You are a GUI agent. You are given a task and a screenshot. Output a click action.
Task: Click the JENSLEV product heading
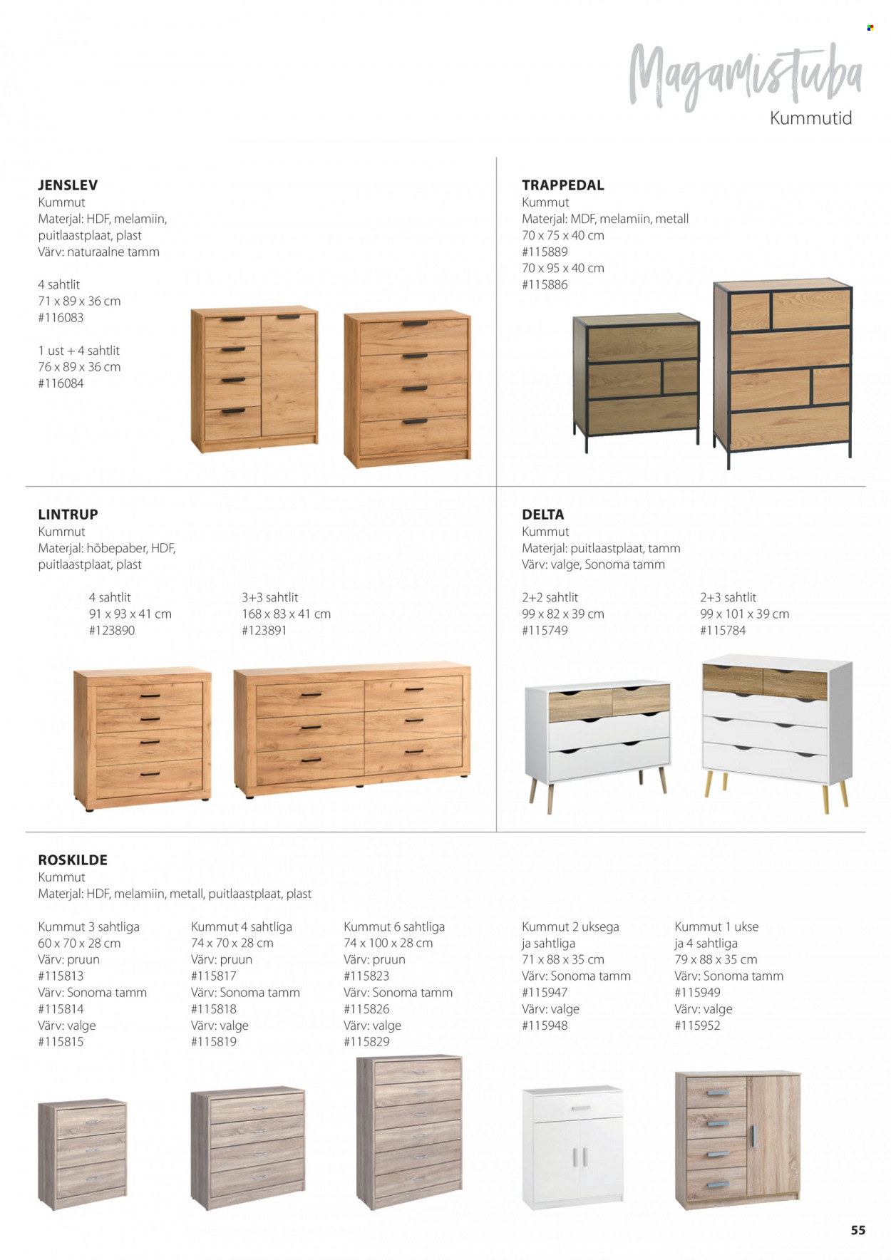coord(68,185)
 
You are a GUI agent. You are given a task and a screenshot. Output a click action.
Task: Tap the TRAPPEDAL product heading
coord(562,185)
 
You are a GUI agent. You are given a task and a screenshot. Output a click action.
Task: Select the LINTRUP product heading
coord(68,515)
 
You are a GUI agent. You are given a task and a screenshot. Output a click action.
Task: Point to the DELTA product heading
coord(542,515)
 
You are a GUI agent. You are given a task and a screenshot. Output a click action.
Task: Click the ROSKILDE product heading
coord(73,860)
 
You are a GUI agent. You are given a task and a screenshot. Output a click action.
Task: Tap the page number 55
coord(857,1230)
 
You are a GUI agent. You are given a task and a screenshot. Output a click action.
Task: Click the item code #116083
coord(61,318)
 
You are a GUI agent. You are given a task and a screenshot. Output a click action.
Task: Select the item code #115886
coord(545,285)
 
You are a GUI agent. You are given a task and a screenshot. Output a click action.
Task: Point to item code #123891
coord(264,631)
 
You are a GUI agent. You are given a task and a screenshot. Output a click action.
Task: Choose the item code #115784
coord(723,631)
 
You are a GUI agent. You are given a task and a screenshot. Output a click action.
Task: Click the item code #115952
coord(697,1026)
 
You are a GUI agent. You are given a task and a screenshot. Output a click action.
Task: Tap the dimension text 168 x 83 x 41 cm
coord(286,614)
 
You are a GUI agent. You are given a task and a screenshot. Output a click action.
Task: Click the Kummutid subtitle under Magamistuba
coord(810,118)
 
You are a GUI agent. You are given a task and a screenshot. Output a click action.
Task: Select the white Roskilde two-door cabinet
coord(573,1147)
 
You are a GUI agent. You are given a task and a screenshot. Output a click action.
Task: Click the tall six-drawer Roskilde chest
coord(410,1132)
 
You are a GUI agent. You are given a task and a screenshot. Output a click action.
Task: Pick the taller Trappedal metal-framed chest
coord(783,371)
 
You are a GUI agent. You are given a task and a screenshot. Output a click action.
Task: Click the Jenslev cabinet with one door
coord(254,379)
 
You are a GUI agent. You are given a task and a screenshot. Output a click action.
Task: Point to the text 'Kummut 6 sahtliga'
coord(394,927)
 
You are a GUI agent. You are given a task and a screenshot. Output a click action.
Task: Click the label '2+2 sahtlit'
coord(550,598)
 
